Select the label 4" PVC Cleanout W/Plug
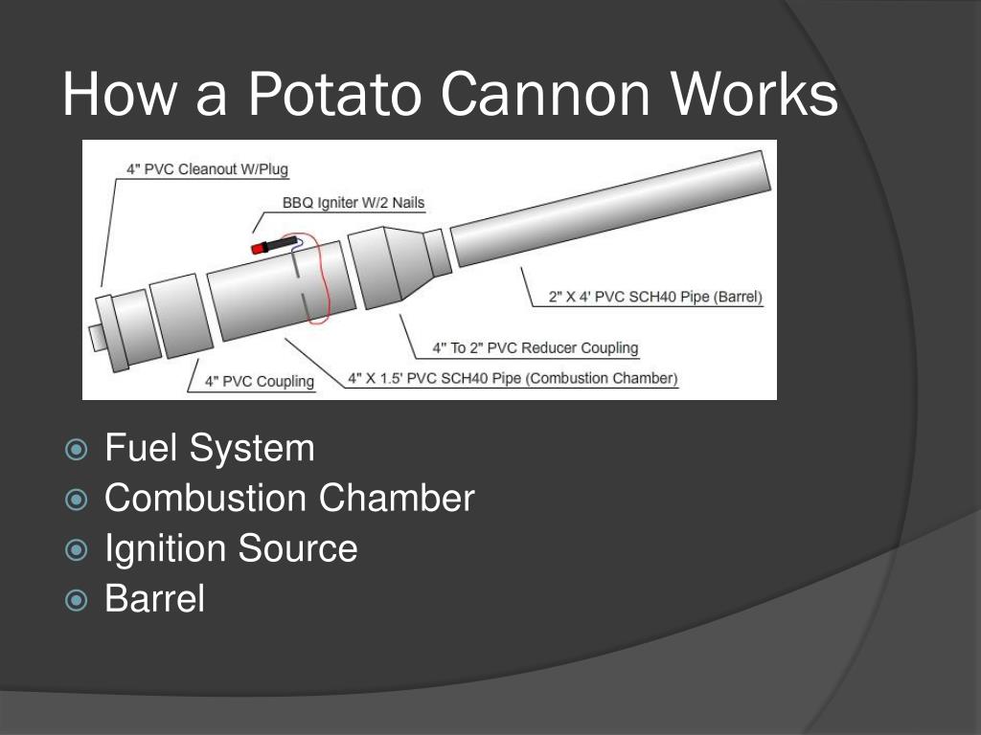(207, 168)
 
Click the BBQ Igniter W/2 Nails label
(354, 203)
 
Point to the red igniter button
(257, 248)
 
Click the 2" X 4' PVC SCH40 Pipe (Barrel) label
(655, 297)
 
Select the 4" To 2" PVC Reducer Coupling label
(536, 347)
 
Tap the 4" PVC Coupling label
(260, 381)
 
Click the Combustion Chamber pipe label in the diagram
(513, 378)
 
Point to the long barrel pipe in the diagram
(610, 208)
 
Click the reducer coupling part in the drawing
(399, 268)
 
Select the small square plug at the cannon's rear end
(97, 338)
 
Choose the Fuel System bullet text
(210, 448)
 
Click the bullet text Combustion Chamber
(289, 498)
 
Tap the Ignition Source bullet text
(231, 548)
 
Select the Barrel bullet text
(154, 598)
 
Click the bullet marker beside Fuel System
(77, 450)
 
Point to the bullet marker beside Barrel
(77, 600)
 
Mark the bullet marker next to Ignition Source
(77, 550)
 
